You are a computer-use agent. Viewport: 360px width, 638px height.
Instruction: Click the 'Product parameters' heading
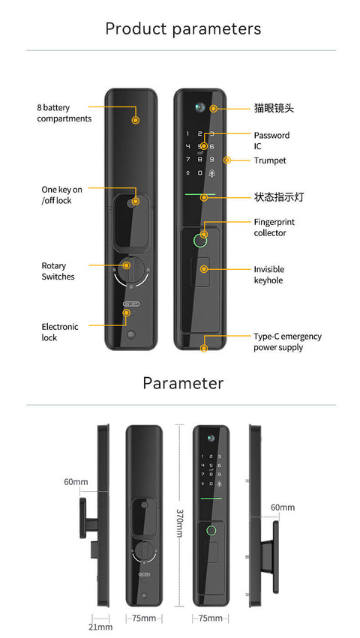click(183, 29)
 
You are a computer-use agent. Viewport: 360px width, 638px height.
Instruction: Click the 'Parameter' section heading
click(183, 383)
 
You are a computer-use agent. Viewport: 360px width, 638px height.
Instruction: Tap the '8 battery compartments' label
click(64, 113)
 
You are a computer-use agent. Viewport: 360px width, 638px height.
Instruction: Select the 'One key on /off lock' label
click(61, 195)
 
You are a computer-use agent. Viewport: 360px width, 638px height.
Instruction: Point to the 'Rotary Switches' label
click(58, 271)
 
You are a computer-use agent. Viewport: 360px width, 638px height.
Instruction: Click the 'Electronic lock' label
click(59, 332)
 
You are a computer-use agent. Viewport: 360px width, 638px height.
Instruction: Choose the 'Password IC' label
click(271, 141)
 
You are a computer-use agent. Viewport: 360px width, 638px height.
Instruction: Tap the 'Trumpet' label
click(269, 160)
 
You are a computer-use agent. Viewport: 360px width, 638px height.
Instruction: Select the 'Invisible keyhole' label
click(268, 274)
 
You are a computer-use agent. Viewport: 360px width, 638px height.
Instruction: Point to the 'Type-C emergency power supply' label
click(287, 342)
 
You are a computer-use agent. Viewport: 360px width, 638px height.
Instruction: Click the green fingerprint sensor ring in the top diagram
click(200, 241)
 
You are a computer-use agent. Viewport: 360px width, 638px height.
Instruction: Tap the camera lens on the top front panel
click(200, 107)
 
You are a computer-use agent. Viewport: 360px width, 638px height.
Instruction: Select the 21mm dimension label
click(100, 626)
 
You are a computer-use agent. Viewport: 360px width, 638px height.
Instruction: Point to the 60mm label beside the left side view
click(76, 481)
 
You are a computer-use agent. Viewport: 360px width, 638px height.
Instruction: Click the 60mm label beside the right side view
click(283, 508)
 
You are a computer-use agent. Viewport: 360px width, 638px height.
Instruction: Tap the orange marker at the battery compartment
click(136, 120)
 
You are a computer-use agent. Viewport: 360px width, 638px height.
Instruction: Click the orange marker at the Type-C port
click(204, 347)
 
